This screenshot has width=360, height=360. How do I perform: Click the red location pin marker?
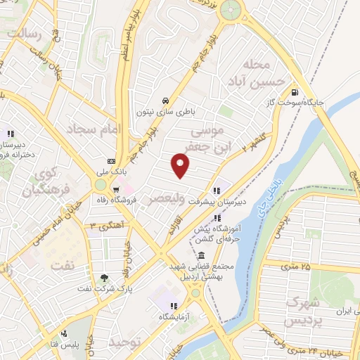tap(181, 166)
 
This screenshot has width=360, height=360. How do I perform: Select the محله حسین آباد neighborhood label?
tap(261, 74)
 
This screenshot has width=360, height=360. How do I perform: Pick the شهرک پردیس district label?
tap(304, 312)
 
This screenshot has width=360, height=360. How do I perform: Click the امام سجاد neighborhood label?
tap(94, 129)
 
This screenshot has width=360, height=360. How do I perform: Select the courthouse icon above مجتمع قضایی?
tap(202, 255)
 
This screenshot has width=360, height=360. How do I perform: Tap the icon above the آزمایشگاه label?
tap(172, 307)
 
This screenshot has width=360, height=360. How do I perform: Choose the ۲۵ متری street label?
tap(295, 266)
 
